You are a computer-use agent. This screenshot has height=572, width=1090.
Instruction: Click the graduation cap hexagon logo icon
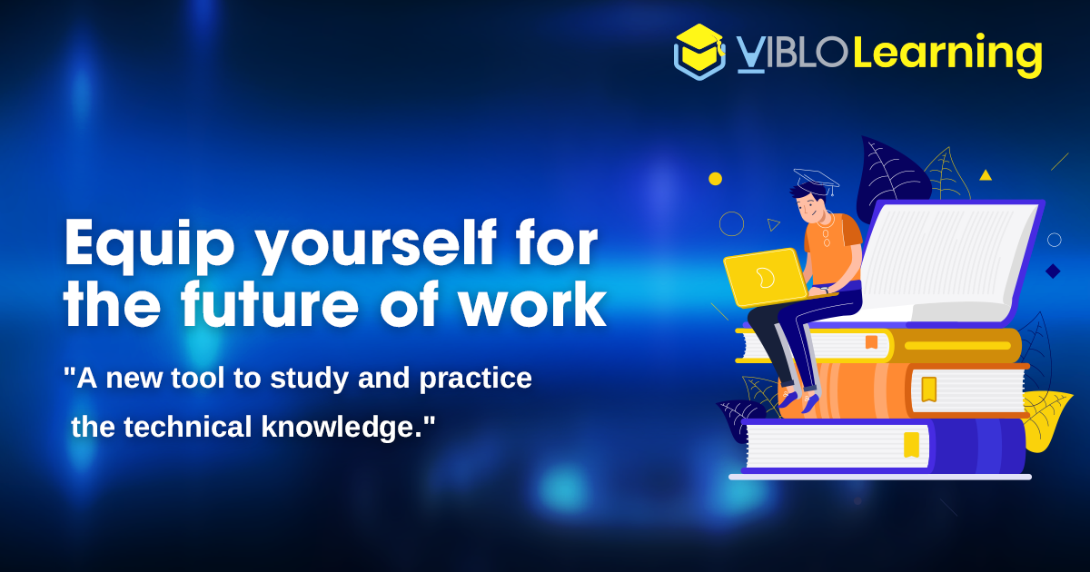699,52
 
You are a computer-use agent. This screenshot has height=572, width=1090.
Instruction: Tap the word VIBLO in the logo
792,54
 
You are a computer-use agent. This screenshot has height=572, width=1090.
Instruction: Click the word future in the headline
269,304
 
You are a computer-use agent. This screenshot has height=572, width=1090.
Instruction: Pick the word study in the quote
309,379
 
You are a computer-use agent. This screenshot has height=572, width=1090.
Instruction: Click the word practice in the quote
475,380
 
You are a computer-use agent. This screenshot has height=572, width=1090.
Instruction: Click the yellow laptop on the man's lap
765,277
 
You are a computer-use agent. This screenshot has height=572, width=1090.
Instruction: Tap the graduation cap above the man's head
816,181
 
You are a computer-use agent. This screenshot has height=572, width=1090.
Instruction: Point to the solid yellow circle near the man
716,179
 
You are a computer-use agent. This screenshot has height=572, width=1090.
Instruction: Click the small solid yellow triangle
986,175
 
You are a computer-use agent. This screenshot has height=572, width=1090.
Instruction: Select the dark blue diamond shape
1053,271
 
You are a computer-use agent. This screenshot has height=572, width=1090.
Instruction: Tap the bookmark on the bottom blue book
911,445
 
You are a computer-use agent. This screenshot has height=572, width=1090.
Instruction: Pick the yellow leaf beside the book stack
1045,419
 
